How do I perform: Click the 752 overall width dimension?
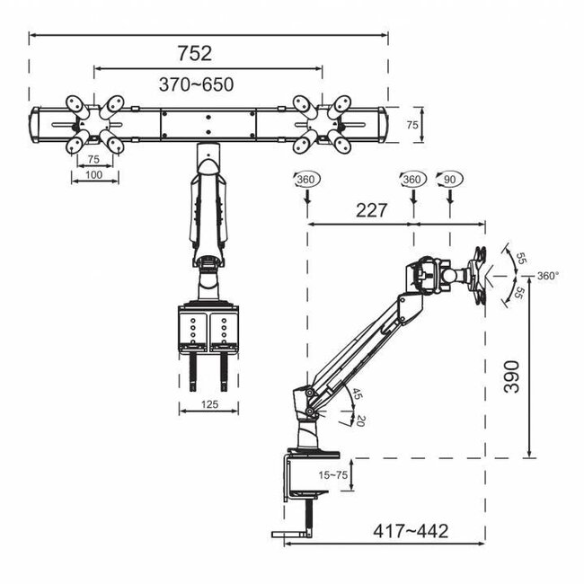[x=195, y=53]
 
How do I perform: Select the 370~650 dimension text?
[x=197, y=84]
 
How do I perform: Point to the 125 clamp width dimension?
[x=208, y=404]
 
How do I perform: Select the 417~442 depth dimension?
[x=411, y=531]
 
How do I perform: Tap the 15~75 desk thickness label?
[x=333, y=473]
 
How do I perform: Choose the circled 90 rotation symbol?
[x=447, y=180]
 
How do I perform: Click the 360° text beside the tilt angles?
[x=548, y=276]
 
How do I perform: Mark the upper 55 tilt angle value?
[x=519, y=257]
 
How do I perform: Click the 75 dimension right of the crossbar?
[x=411, y=127]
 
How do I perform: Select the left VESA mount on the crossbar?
[x=93, y=125]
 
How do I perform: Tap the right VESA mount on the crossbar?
[x=321, y=125]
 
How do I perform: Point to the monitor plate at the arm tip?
[x=482, y=275]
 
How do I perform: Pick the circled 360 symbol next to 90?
[x=411, y=180]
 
